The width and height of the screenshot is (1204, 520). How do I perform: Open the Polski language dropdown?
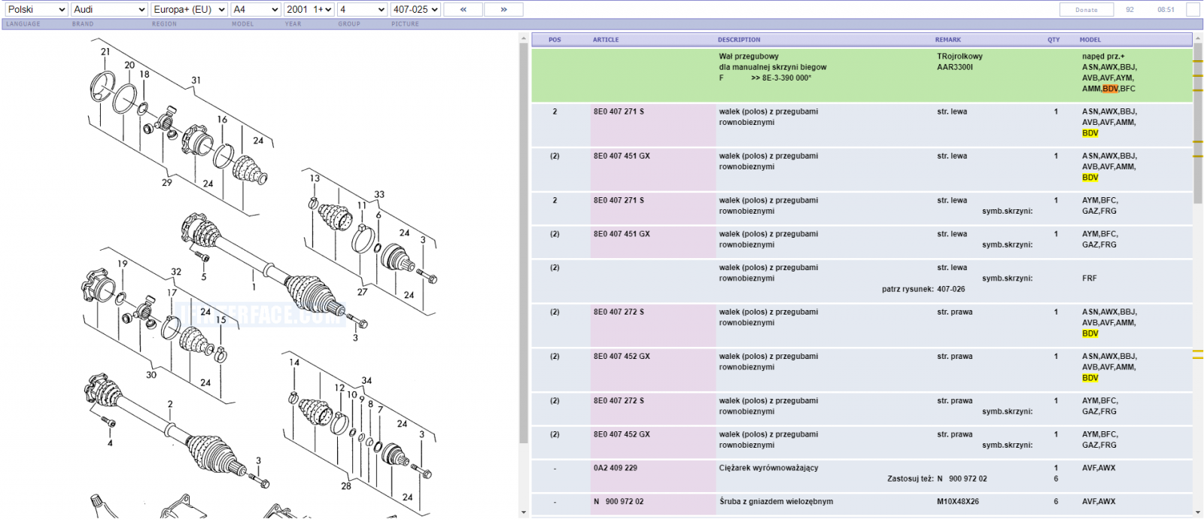tap(37, 10)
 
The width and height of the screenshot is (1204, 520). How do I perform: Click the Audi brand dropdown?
tap(109, 10)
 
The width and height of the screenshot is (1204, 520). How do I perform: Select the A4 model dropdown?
tap(256, 10)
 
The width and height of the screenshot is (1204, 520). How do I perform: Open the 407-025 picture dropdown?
tap(415, 10)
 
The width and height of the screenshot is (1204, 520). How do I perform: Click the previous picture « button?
tap(464, 10)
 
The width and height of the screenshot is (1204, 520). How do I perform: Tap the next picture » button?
tap(503, 10)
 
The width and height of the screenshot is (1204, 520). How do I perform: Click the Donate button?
tap(1087, 10)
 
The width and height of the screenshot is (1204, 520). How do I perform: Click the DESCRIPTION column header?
tap(739, 40)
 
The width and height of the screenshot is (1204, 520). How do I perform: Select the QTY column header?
tap(1053, 40)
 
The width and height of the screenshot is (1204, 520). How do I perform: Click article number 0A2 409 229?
tap(616, 468)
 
